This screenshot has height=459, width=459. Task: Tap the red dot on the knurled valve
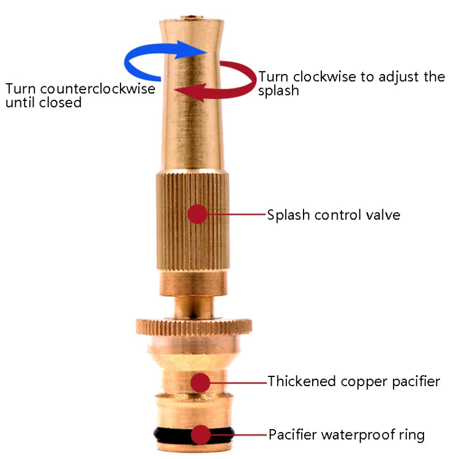[x=197, y=214]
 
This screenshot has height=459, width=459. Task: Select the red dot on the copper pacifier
[x=200, y=382]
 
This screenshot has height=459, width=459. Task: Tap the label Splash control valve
[x=334, y=215]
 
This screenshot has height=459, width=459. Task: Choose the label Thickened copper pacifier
[x=354, y=382]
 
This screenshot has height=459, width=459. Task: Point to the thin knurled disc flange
[x=193, y=325]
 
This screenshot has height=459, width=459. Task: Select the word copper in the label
[x=368, y=382]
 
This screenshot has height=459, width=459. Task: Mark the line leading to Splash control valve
[x=236, y=214]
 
